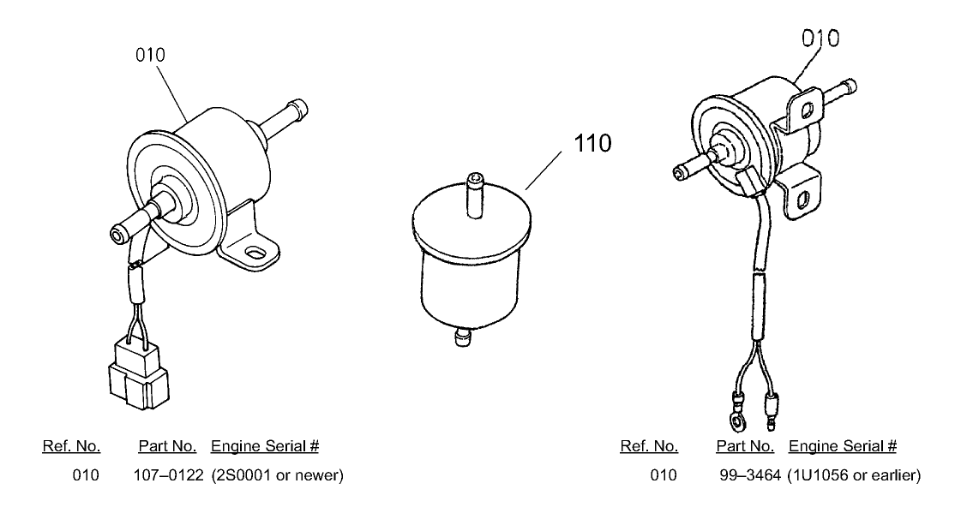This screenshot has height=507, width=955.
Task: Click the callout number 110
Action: click(593, 142)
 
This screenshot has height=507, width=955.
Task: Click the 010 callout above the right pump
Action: click(820, 39)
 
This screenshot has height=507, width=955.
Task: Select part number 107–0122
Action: click(167, 474)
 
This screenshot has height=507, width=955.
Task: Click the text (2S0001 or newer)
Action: click(277, 474)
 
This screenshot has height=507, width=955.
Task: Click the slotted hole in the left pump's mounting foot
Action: click(255, 253)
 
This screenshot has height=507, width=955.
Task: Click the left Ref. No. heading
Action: click(71, 446)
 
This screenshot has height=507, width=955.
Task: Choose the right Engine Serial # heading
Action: click(842, 446)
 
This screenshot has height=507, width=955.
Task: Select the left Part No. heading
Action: click(168, 446)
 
